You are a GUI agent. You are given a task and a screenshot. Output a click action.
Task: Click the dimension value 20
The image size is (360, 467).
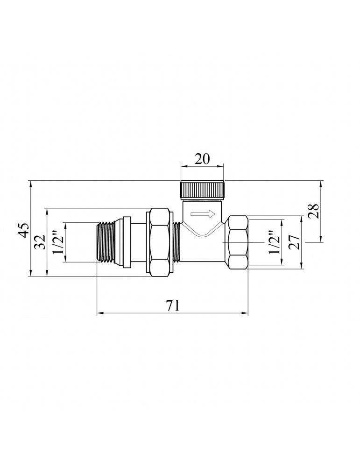[202, 159]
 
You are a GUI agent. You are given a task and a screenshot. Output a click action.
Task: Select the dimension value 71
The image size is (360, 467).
[173, 305]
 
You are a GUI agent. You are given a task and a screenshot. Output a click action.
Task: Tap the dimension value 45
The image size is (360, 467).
[24, 229]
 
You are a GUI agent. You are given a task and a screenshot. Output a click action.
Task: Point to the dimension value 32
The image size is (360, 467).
[40, 242]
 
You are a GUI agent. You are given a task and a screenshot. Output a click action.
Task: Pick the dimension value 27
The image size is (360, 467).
[294, 242]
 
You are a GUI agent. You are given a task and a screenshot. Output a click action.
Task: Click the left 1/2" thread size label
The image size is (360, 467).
[57, 242]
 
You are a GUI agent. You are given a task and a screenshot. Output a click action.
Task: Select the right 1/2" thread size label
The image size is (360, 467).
[274, 242]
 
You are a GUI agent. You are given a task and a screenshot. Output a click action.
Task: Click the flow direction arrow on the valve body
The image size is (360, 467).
[203, 213]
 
